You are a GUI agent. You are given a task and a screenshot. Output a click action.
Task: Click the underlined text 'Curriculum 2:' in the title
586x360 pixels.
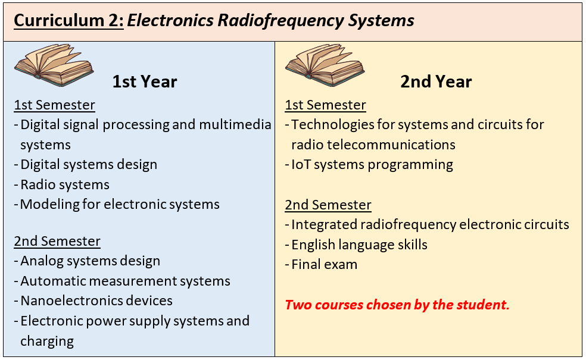pyautogui.click(x=68, y=20)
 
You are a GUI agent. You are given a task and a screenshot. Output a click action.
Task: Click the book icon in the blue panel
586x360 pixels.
pyautogui.click(x=54, y=65)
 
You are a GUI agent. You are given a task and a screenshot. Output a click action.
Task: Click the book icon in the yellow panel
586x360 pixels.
pyautogui.click(x=325, y=65)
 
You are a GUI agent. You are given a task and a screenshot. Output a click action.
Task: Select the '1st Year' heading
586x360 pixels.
pyautogui.click(x=145, y=82)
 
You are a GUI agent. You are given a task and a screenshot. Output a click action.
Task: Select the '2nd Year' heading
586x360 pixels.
pyautogui.click(x=436, y=82)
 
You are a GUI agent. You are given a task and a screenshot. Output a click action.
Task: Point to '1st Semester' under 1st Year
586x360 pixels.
pyautogui.click(x=55, y=105)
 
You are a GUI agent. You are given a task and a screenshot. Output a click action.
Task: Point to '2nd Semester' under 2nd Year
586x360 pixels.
pyautogui.click(x=328, y=205)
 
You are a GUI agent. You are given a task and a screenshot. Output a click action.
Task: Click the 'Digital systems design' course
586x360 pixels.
pyautogui.click(x=89, y=165)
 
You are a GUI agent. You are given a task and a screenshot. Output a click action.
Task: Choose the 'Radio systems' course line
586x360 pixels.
pyautogui.click(x=65, y=184)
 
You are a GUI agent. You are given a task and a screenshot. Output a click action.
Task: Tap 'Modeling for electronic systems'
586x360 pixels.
pyautogui.click(x=120, y=205)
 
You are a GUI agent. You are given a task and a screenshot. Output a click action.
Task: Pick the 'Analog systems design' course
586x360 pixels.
pyautogui.click(x=90, y=261)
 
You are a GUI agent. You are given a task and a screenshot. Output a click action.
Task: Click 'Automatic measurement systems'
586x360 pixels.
pyautogui.click(x=125, y=281)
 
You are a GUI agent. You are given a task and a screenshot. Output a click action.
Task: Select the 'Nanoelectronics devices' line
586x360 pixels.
pyautogui.click(x=96, y=300)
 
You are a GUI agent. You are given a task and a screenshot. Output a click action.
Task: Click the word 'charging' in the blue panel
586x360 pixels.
pyautogui.click(x=47, y=342)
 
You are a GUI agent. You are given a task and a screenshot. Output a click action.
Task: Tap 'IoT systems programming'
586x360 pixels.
pyautogui.click(x=372, y=165)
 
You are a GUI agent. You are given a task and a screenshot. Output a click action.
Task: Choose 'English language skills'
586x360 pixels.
pyautogui.click(x=359, y=245)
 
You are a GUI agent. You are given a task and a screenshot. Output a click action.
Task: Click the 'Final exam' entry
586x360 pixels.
pyautogui.click(x=324, y=264)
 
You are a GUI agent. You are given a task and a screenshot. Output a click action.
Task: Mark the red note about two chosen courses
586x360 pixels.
pyautogui.click(x=397, y=305)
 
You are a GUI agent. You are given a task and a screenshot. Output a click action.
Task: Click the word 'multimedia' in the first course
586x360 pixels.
pyautogui.click(x=235, y=124)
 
